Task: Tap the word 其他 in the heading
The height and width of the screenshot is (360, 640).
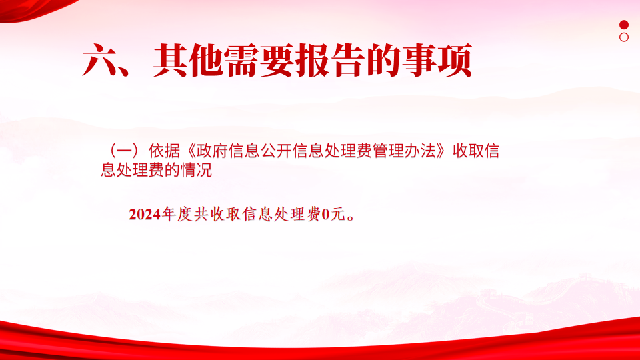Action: tap(188, 61)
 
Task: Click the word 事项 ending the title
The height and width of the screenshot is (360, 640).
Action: tap(437, 61)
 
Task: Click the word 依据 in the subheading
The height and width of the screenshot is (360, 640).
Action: tap(164, 151)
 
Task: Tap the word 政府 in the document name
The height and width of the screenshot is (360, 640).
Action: tap(212, 151)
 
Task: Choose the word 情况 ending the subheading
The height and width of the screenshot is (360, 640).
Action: tap(196, 170)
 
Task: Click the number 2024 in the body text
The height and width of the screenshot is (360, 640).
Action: tap(145, 214)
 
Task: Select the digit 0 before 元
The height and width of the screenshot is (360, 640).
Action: tap(325, 214)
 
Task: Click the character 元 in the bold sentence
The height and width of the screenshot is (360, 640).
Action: tap(338, 214)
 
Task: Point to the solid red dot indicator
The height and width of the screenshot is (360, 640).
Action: tap(624, 25)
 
